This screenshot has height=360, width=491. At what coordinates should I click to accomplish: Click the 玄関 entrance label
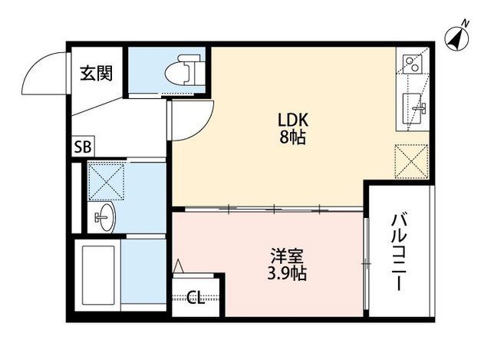(x=97, y=74)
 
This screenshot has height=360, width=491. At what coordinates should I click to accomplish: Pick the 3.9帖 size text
(x=283, y=273)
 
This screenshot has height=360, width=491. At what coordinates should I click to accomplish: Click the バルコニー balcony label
(x=397, y=252)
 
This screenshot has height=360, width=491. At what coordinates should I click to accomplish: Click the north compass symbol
(x=458, y=38)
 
